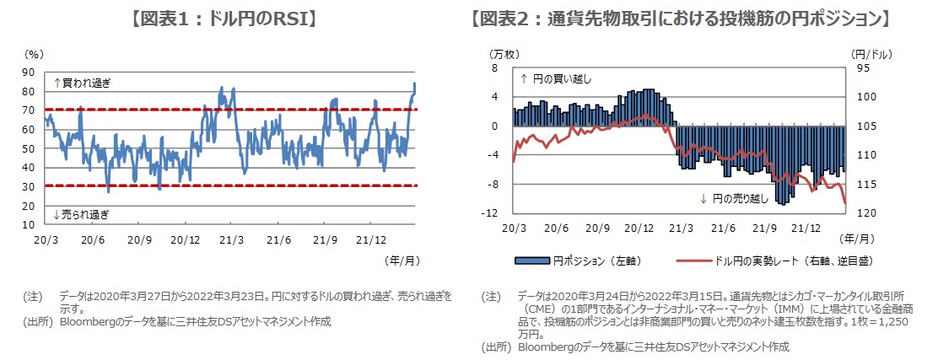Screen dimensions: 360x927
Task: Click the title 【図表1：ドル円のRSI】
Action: [223, 17]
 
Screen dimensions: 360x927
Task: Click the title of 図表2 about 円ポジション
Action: [680, 17]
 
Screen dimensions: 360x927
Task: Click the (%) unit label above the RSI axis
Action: [34, 53]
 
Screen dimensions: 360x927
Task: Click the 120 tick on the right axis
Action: [860, 213]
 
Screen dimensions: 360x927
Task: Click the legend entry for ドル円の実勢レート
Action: [764, 260]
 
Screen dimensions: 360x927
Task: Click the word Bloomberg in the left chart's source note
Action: [85, 321]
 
